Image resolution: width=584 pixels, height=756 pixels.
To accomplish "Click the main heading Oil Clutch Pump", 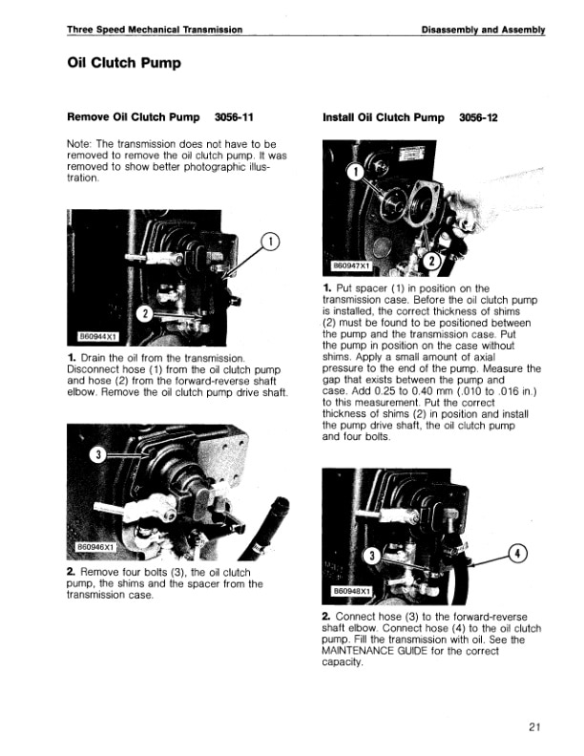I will (x=123, y=64).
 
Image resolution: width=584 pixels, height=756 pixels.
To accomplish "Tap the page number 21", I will (x=533, y=727).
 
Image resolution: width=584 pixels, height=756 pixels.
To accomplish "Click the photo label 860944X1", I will (x=98, y=336).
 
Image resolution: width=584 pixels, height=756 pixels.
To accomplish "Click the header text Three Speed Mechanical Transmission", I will (x=154, y=30).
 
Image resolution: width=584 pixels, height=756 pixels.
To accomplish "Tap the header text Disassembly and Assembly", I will (x=483, y=30).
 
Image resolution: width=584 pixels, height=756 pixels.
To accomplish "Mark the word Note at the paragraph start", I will (x=79, y=144).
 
